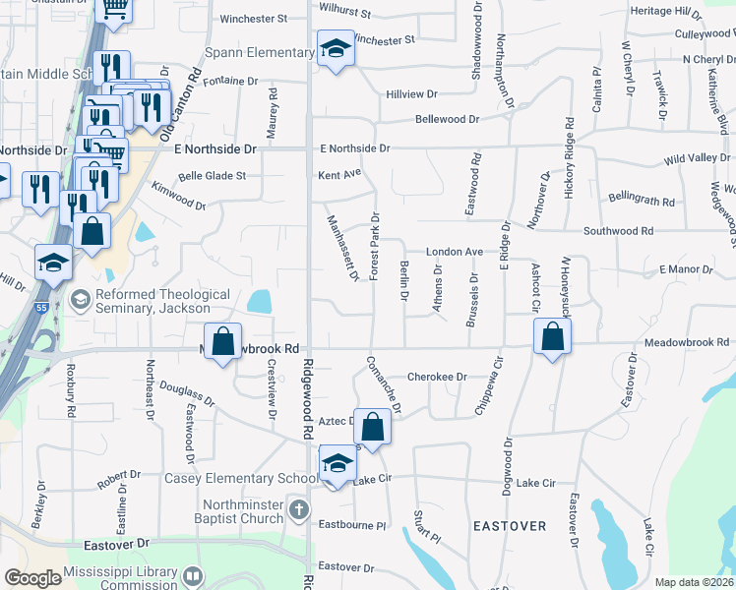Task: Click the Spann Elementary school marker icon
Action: click(336, 49)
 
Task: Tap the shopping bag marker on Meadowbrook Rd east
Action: click(553, 337)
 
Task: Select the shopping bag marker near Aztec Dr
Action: click(372, 427)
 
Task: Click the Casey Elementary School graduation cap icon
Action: click(337, 463)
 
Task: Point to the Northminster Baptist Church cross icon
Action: click(300, 510)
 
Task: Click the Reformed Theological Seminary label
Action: click(162, 301)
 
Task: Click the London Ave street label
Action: click(454, 252)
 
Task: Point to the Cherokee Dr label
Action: click(436, 377)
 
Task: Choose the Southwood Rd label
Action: click(618, 231)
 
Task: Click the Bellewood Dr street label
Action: click(447, 119)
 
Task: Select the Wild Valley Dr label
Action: click(697, 158)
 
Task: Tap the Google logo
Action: click(32, 578)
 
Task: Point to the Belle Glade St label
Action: click(212, 177)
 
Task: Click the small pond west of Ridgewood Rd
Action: click(261, 301)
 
